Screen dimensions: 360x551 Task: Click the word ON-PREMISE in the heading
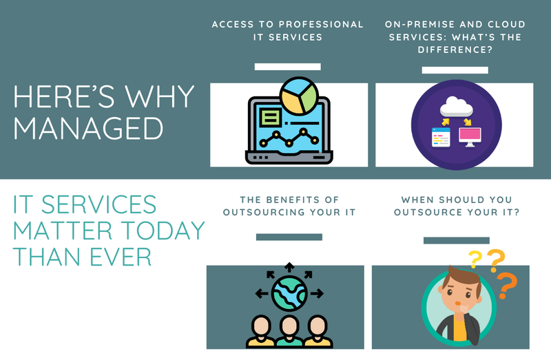point(419,24)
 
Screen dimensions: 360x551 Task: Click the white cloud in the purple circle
point(454,106)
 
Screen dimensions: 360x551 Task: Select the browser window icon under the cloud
point(439,137)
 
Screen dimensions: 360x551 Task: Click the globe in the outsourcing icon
point(289,293)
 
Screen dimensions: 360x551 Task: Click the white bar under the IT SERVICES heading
point(287,67)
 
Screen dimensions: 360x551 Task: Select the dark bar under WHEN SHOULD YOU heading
point(456,240)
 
